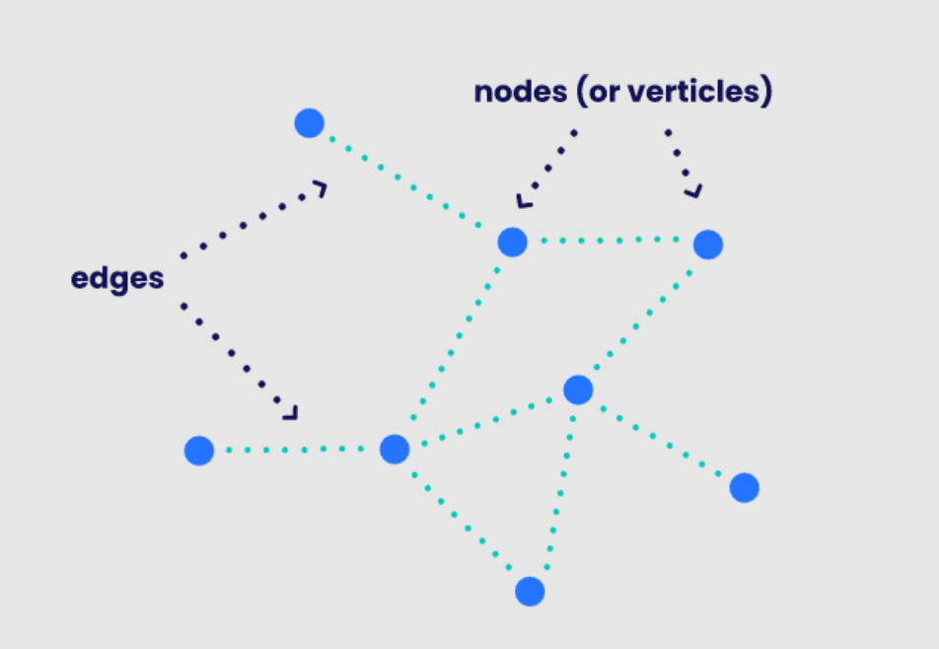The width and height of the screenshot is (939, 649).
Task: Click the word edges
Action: tap(116, 278)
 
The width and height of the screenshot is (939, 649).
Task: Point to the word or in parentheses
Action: tap(603, 92)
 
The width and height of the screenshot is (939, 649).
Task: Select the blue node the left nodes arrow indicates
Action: tap(512, 242)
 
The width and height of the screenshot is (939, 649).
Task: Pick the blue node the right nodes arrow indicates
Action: tap(707, 244)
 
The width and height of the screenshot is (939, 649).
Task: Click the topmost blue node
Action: tap(309, 123)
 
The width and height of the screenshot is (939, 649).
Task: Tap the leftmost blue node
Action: tap(199, 451)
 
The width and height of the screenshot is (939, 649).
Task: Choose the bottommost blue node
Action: tap(530, 591)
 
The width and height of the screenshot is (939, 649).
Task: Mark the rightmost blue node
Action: tap(744, 487)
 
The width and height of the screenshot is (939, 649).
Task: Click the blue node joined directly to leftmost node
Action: tap(395, 450)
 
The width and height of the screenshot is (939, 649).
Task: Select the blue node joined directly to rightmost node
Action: tap(578, 390)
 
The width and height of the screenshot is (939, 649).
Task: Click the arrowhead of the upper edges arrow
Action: tap(320, 188)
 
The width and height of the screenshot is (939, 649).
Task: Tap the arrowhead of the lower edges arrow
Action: tap(290, 412)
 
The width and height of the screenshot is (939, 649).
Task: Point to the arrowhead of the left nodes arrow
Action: tap(523, 201)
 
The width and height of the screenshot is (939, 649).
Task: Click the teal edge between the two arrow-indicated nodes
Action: tap(610, 241)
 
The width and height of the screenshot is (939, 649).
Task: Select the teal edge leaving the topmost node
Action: tap(409, 181)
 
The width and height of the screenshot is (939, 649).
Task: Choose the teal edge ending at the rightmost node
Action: tap(661, 439)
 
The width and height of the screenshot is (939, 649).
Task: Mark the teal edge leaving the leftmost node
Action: tap(296, 450)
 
